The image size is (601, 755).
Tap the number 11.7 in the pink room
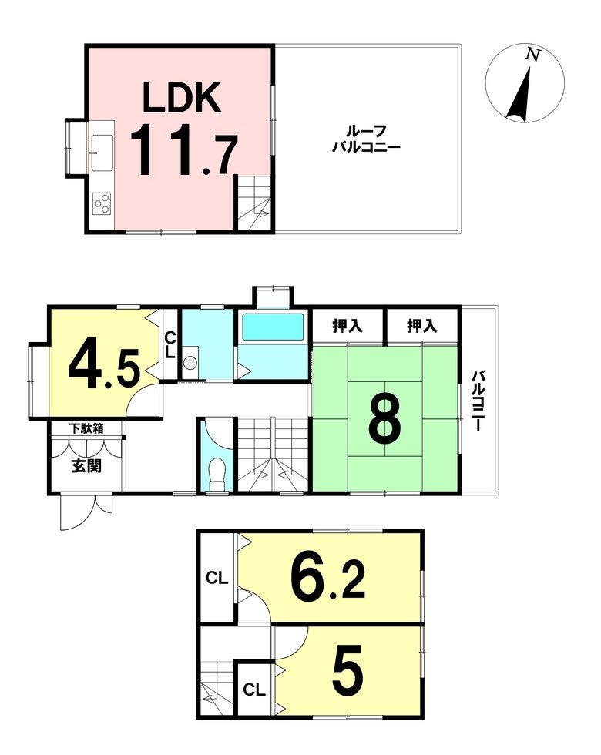(x=183, y=149)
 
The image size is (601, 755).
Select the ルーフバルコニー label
(x=367, y=139)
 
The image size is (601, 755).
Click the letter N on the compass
(x=532, y=55)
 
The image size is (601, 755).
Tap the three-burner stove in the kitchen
(x=102, y=203)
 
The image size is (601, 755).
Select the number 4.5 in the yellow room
(x=104, y=364)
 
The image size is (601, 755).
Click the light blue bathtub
(x=273, y=327)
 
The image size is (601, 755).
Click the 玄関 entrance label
(x=86, y=465)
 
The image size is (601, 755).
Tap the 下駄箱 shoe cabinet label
(x=86, y=428)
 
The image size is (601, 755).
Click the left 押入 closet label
(x=348, y=326)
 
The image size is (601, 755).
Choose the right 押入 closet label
(x=422, y=326)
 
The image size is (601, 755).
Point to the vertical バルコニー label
(x=478, y=400)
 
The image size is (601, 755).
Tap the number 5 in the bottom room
(x=348, y=669)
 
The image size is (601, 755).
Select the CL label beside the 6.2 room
(x=217, y=577)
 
